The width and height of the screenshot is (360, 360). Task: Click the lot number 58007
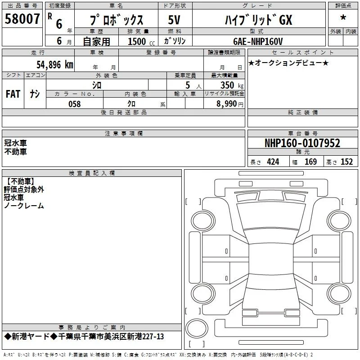tap(22, 19)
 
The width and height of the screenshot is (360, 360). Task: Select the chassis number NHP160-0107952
tap(302, 143)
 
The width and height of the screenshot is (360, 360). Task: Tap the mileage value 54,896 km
tap(55, 65)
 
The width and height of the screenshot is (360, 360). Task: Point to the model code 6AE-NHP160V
tap(258, 41)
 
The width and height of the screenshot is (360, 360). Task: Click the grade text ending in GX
tap(258, 20)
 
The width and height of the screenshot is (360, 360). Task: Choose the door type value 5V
tap(174, 20)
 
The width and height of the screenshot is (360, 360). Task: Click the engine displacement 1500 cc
tap(141, 41)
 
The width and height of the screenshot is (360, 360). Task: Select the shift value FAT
tap(13, 94)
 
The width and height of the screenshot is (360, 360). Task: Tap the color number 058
tap(75, 104)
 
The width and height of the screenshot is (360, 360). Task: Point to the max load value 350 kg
tap(232, 85)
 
